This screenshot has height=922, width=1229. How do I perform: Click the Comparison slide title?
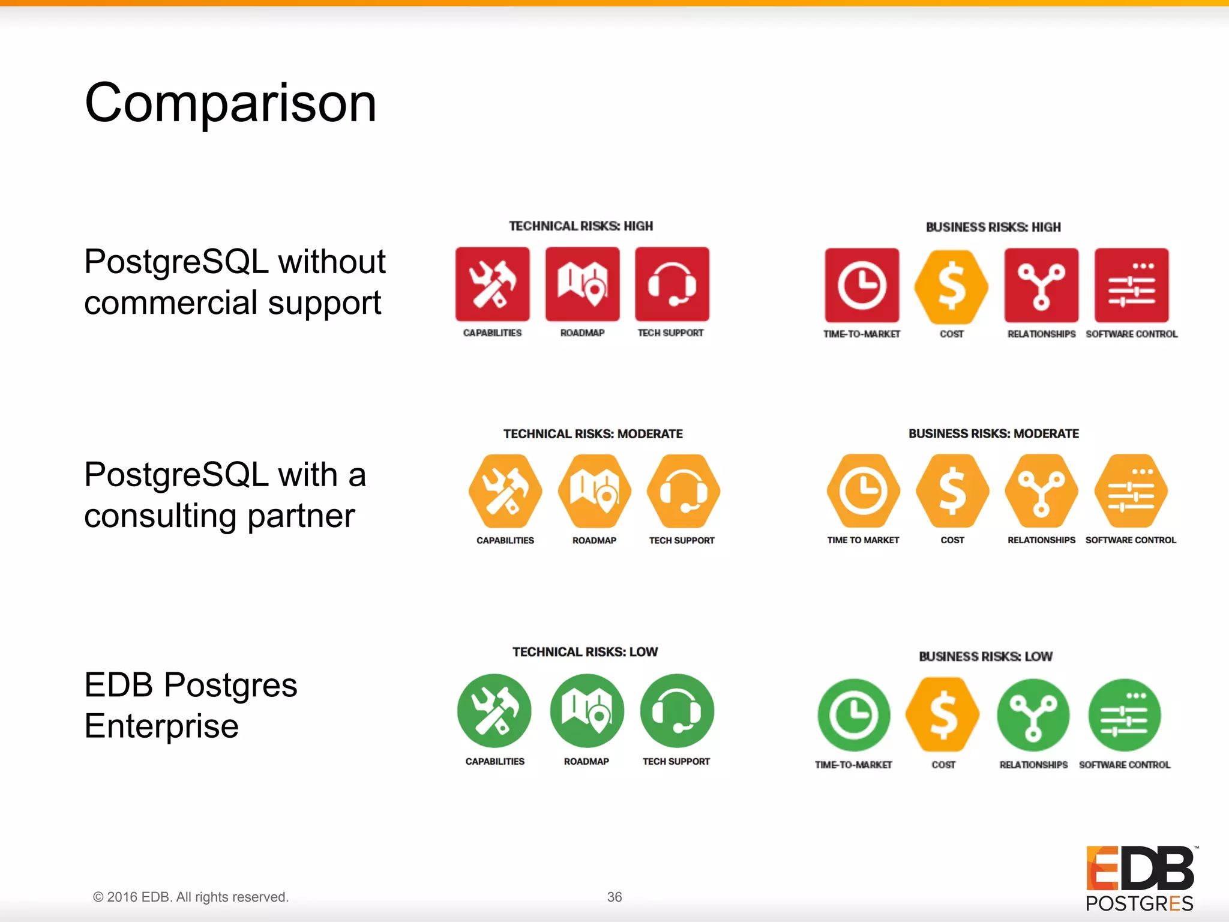click(230, 103)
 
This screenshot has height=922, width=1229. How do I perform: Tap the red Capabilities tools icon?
click(492, 284)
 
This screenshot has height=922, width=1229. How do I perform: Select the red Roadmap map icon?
click(582, 284)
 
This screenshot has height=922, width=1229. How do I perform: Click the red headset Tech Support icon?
click(672, 284)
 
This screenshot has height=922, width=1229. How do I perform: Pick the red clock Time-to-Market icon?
click(862, 285)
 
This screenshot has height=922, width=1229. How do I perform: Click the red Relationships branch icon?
click(1041, 285)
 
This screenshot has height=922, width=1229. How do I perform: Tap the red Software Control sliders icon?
click(1131, 285)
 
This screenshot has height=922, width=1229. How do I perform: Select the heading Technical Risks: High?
click(580, 226)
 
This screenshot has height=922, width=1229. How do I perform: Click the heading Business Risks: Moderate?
click(993, 433)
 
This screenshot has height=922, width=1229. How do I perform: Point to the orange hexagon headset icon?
click(684, 492)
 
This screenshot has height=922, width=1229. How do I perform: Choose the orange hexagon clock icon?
click(863, 491)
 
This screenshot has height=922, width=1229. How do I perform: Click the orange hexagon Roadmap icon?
click(594, 492)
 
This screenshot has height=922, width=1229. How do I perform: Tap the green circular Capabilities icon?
click(494, 711)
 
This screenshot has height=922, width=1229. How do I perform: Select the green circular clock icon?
click(853, 715)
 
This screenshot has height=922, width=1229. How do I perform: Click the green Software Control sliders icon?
click(1124, 715)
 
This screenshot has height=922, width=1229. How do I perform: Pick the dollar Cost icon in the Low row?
click(943, 715)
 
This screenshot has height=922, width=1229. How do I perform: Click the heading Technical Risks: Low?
click(584, 652)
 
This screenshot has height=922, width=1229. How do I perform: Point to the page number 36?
click(614, 897)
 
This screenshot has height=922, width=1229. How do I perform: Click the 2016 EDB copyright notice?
click(191, 897)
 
